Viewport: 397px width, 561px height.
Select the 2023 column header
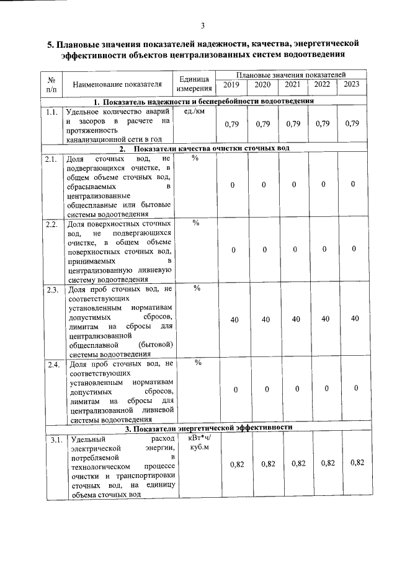[352, 85]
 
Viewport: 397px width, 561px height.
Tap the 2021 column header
[292, 85]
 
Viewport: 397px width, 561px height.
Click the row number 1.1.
[51, 112]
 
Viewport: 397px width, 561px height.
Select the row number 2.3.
[51, 289]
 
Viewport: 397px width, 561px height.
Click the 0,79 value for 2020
[263, 124]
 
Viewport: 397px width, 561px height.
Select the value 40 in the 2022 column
[323, 319]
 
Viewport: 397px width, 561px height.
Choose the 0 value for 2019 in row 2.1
[232, 185]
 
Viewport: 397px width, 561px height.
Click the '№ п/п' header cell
[52, 84]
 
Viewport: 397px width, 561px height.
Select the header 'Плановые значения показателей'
[292, 74]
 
